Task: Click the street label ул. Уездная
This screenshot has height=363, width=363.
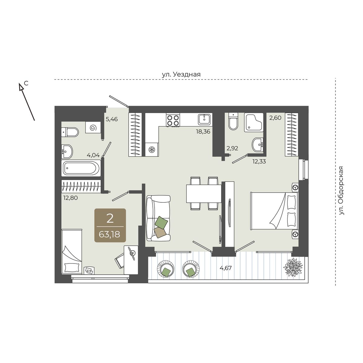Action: [181, 74]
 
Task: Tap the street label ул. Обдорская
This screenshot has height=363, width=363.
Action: [341, 191]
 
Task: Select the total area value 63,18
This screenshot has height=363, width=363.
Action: [110, 234]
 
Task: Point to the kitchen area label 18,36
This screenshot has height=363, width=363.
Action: [203, 132]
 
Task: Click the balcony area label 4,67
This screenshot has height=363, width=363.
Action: [225, 268]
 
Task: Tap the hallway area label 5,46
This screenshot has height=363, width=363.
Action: [112, 119]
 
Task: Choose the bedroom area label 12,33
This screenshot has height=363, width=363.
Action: [259, 161]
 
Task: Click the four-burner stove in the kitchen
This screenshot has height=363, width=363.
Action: [173, 120]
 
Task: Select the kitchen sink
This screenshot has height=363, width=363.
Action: [204, 119]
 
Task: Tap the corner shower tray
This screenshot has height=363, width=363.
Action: [253, 122]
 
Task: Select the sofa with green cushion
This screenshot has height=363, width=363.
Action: [158, 218]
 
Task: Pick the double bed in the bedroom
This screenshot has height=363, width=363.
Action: [274, 211]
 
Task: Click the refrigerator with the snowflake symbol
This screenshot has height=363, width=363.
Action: [152, 149]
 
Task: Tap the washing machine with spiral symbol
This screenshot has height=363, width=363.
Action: [92, 127]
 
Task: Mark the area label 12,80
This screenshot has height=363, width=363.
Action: [70, 198]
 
